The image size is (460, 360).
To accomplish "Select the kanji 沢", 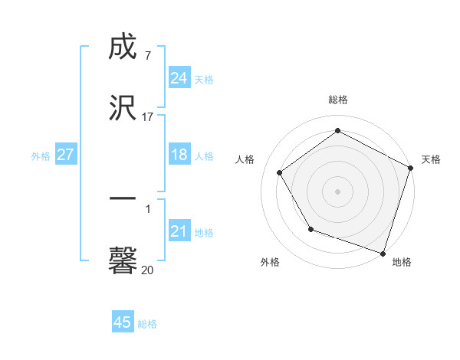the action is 123,107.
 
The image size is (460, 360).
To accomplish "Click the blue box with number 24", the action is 179,78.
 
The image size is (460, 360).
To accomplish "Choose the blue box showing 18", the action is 179,155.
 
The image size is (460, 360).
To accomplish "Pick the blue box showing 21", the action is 179,231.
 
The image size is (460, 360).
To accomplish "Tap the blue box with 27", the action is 65,155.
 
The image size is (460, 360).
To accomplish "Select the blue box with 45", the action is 122,322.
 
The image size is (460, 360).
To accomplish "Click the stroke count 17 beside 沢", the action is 147,117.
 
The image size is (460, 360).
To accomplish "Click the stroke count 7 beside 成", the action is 147,56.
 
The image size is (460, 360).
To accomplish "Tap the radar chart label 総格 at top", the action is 338,100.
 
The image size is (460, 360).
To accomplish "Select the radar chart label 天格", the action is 431,159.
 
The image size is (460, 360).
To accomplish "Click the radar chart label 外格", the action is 270,262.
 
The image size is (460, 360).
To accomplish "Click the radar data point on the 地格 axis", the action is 383,253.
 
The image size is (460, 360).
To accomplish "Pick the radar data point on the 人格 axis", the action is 280,172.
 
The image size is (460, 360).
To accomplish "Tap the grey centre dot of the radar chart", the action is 338,191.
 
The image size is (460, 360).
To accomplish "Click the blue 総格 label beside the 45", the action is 147,324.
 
